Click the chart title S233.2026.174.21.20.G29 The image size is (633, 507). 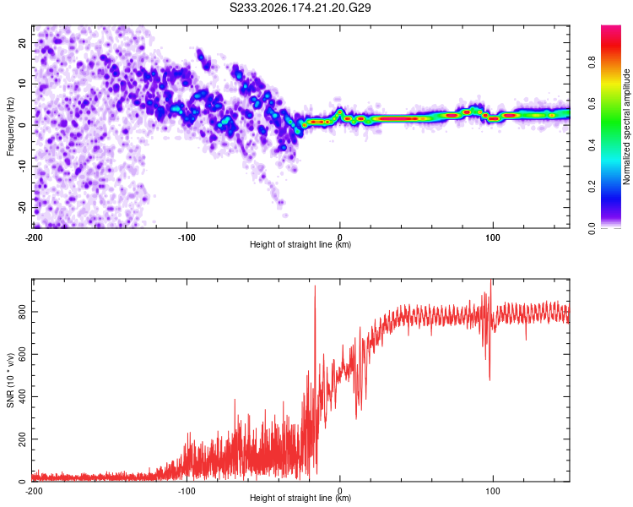pyautogui.click(x=300, y=8)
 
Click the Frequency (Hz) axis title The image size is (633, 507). pyautogui.click(x=10, y=127)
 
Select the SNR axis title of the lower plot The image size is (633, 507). pyautogui.click(x=10, y=380)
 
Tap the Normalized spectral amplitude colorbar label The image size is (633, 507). pyautogui.click(x=626, y=127)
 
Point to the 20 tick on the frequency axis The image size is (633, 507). pyautogui.click(x=22, y=42)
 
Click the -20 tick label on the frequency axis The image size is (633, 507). pyautogui.click(x=22, y=206)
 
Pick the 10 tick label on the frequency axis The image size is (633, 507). pyautogui.click(x=22, y=84)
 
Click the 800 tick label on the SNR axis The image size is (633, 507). pyautogui.click(x=22, y=312)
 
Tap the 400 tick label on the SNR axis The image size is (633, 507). pyautogui.click(x=22, y=396)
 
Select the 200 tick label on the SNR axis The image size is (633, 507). pyautogui.click(x=22, y=439)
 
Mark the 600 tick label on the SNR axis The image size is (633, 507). pyautogui.click(x=22, y=354)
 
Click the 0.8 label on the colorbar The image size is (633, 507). pyautogui.click(x=592, y=63)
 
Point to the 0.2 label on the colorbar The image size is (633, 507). pyautogui.click(x=592, y=187)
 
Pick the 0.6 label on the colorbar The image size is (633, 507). pyautogui.click(x=592, y=103)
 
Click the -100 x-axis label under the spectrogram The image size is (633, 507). pyautogui.click(x=187, y=237)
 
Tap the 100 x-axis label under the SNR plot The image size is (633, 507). pyautogui.click(x=493, y=491)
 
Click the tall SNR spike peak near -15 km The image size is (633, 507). pyautogui.click(x=315, y=286)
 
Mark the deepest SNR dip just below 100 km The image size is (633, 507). pyautogui.click(x=490, y=380)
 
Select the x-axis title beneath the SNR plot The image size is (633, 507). pyautogui.click(x=300, y=498)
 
